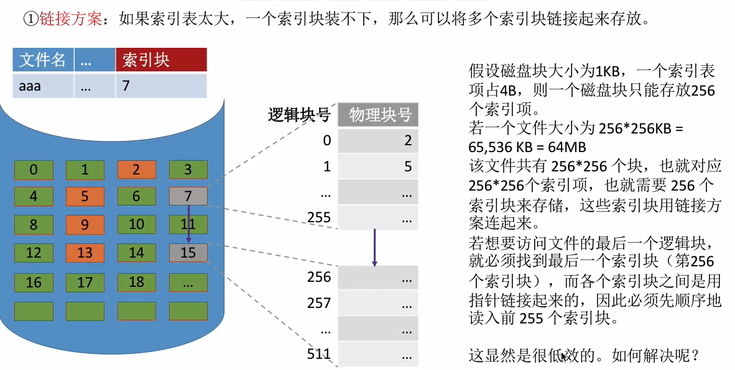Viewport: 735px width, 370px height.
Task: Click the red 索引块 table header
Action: (161, 60)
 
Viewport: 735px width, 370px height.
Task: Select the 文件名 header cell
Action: (42, 60)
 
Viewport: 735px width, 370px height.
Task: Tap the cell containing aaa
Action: (42, 86)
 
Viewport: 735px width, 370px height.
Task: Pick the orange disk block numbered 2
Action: (136, 169)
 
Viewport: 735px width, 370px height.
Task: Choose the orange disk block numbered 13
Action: (85, 253)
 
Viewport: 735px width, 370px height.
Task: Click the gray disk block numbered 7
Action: (187, 197)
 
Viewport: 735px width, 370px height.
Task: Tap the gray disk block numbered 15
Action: (187, 253)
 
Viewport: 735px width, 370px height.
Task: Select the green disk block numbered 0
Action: (34, 169)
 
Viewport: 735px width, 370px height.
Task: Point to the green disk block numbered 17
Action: (85, 282)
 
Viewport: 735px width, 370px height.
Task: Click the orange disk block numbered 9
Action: (85, 224)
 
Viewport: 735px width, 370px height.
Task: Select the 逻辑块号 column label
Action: (298, 115)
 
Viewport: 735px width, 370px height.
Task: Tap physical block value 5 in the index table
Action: (408, 167)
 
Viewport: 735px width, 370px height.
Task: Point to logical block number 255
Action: (319, 217)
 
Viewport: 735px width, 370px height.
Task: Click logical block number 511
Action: (319, 355)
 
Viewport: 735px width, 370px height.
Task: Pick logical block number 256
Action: (319, 277)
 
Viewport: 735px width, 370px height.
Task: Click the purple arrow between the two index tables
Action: (375, 247)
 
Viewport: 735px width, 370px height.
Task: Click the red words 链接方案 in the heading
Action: (70, 19)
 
